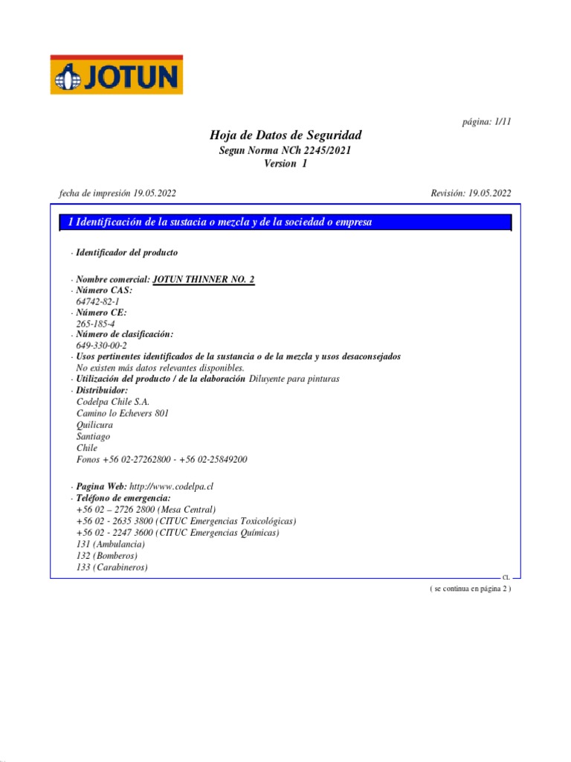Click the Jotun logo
coord(116,74)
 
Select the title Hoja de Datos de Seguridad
coord(285,135)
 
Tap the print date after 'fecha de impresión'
coord(155,193)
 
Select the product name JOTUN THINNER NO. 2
coord(203,279)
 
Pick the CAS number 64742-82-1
coord(97,301)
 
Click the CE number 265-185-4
coord(95,324)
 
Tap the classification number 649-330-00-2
coord(101,346)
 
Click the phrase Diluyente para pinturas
coord(294,379)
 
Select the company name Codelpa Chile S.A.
coord(113,402)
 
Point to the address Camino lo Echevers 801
coord(123,413)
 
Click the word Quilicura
coord(94,425)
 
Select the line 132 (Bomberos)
coord(106,556)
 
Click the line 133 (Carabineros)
coord(112,568)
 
